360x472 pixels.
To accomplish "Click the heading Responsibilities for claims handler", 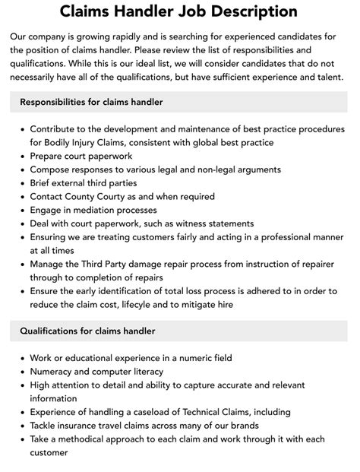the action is [91, 102].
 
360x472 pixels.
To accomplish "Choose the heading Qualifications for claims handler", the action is [87, 331].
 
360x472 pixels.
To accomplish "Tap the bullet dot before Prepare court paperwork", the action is [18, 157].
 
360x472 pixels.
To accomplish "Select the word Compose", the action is [52, 169].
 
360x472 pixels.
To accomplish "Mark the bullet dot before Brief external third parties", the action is [18, 183].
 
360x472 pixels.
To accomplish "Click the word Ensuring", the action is [51, 237].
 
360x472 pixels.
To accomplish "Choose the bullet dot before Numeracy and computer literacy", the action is [18, 372].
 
